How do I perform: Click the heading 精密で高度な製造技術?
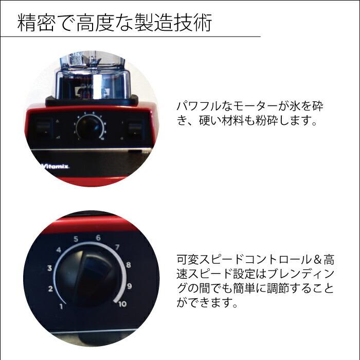(114, 23)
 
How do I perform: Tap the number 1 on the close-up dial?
(61, 307)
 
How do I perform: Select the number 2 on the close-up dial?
(50, 289)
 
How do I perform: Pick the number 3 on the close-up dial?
(49, 268)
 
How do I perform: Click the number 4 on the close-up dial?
(59, 250)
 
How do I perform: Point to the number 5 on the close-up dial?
(76, 239)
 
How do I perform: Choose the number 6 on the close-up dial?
(98, 238)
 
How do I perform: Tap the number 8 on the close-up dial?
(128, 265)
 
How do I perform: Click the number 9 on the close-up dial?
(130, 286)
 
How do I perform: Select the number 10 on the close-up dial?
(121, 304)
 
